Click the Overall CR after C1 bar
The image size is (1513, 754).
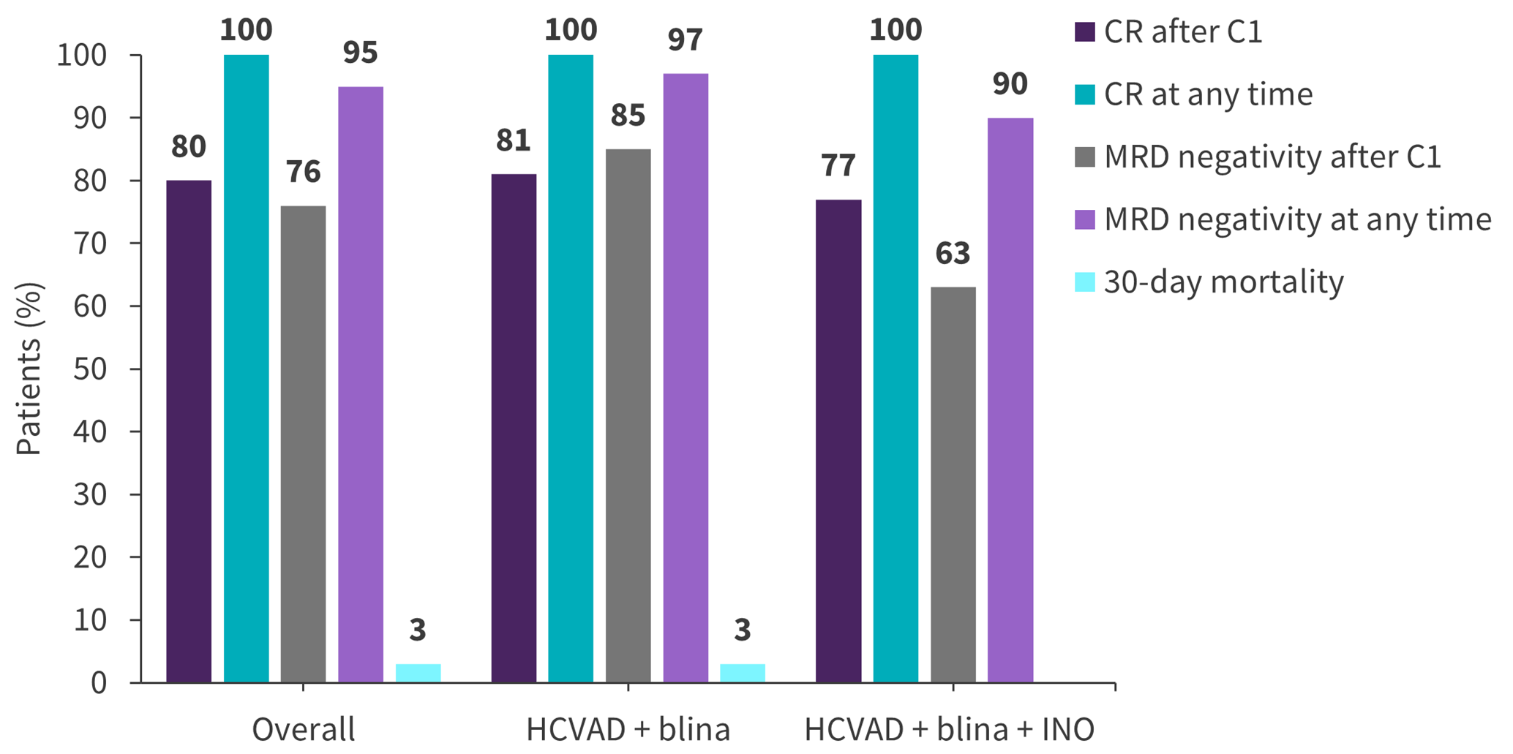coord(189,431)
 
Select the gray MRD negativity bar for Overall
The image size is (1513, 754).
coord(303,444)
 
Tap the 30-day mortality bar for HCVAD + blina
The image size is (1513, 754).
coord(743,673)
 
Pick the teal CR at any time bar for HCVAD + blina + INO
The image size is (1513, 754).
coord(896,369)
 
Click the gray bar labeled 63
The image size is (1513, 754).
coord(953,484)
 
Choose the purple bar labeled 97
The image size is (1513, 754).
coord(686,378)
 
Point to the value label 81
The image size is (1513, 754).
coord(513,141)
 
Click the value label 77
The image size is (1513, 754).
coord(838,166)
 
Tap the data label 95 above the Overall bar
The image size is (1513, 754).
coord(360,53)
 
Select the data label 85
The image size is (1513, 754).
coord(628,116)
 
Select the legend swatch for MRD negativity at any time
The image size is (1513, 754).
coord(1085,219)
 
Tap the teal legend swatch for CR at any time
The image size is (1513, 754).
coord(1085,94)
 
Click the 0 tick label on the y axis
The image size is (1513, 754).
coord(99,683)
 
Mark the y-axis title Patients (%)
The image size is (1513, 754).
coord(29,369)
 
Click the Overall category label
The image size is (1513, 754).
coord(303,730)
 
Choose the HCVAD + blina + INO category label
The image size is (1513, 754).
coord(950,730)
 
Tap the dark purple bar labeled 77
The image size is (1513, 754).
coord(838,441)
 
